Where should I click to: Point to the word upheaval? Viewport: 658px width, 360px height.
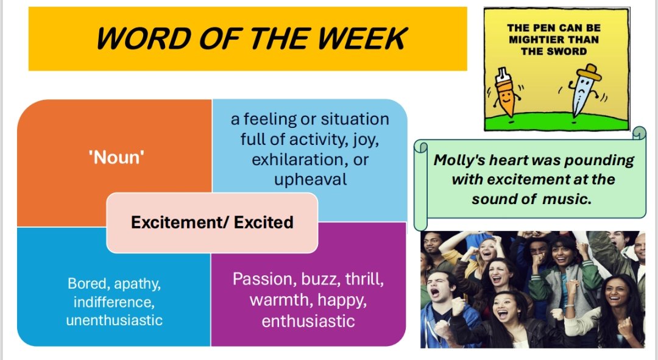click(311, 180)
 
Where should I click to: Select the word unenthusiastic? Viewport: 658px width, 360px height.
click(115, 320)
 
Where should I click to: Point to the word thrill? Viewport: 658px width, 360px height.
click(363, 280)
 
